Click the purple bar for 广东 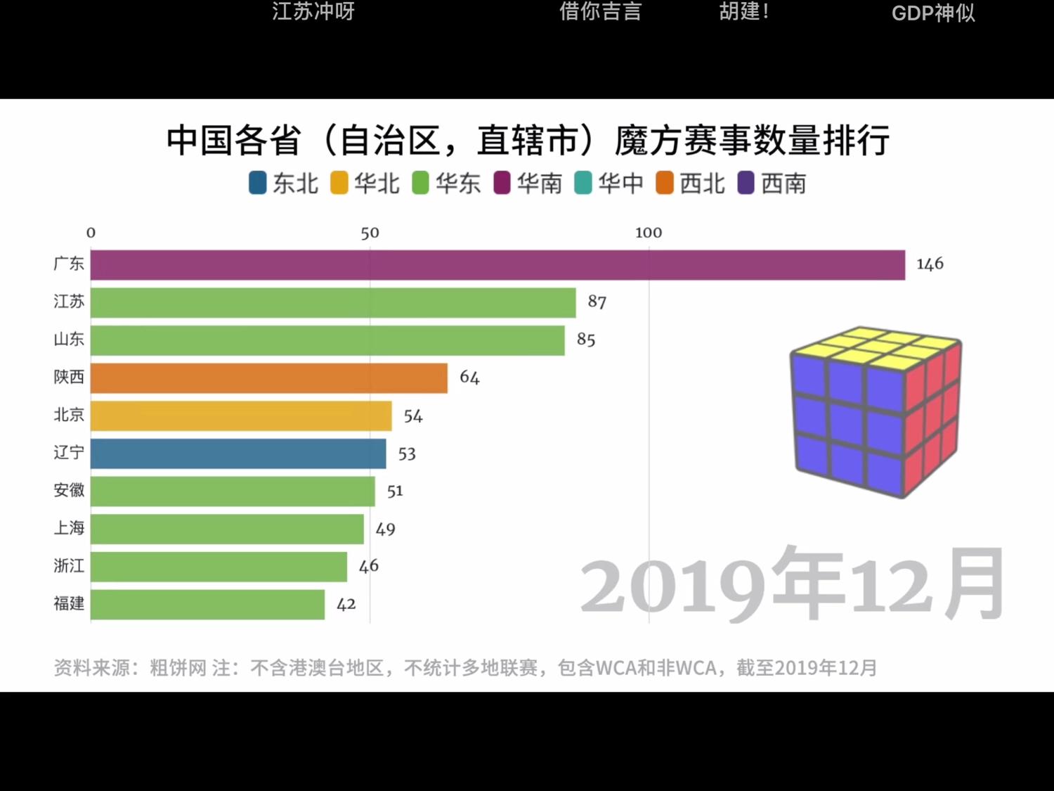(x=497, y=265)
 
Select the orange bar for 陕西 (x=268, y=378)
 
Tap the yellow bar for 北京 (x=241, y=416)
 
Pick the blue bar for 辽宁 (x=238, y=454)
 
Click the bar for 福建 (x=207, y=605)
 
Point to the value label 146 (x=930, y=264)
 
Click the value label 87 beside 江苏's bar (x=597, y=302)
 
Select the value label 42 (x=346, y=605)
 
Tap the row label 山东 (x=69, y=340)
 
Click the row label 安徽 (x=69, y=490)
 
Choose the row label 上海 (x=69, y=528)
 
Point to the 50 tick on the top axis (x=370, y=233)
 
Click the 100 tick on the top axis (x=648, y=233)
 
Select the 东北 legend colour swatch (x=258, y=183)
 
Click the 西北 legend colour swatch (x=665, y=183)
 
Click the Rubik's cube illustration (x=876, y=412)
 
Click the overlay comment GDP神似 (x=933, y=13)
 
